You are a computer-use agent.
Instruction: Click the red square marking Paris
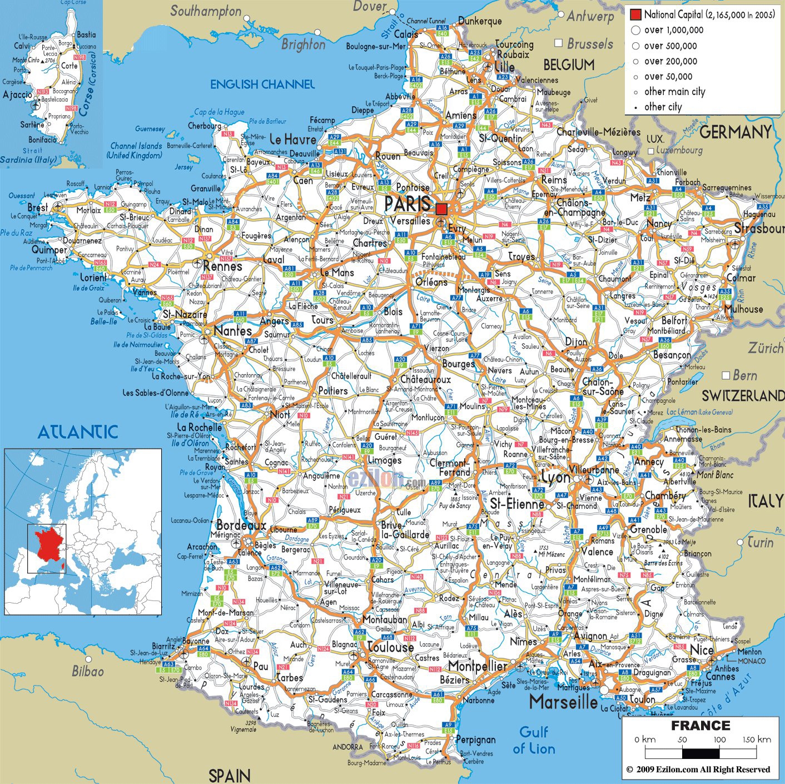point(441,209)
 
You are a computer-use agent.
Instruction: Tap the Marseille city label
point(563,702)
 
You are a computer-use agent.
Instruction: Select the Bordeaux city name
point(241,525)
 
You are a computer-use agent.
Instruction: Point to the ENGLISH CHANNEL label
point(262,85)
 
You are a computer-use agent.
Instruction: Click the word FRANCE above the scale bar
point(700,726)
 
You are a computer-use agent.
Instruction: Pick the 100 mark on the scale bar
point(719,740)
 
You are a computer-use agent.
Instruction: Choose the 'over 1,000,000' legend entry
point(673,31)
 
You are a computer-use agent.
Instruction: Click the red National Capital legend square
point(635,14)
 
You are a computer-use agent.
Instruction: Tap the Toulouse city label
point(390,647)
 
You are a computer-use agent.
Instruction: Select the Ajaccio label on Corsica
point(18,95)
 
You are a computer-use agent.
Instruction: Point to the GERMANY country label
point(735,132)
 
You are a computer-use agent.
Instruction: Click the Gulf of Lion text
point(534,740)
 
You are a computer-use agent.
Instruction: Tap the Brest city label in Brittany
point(38,207)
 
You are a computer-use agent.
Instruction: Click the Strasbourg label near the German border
point(759,229)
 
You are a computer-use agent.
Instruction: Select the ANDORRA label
point(347,747)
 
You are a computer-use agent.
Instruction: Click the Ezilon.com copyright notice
point(698,770)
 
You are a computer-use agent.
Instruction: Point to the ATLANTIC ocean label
point(78,431)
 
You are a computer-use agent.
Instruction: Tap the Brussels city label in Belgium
point(589,44)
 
